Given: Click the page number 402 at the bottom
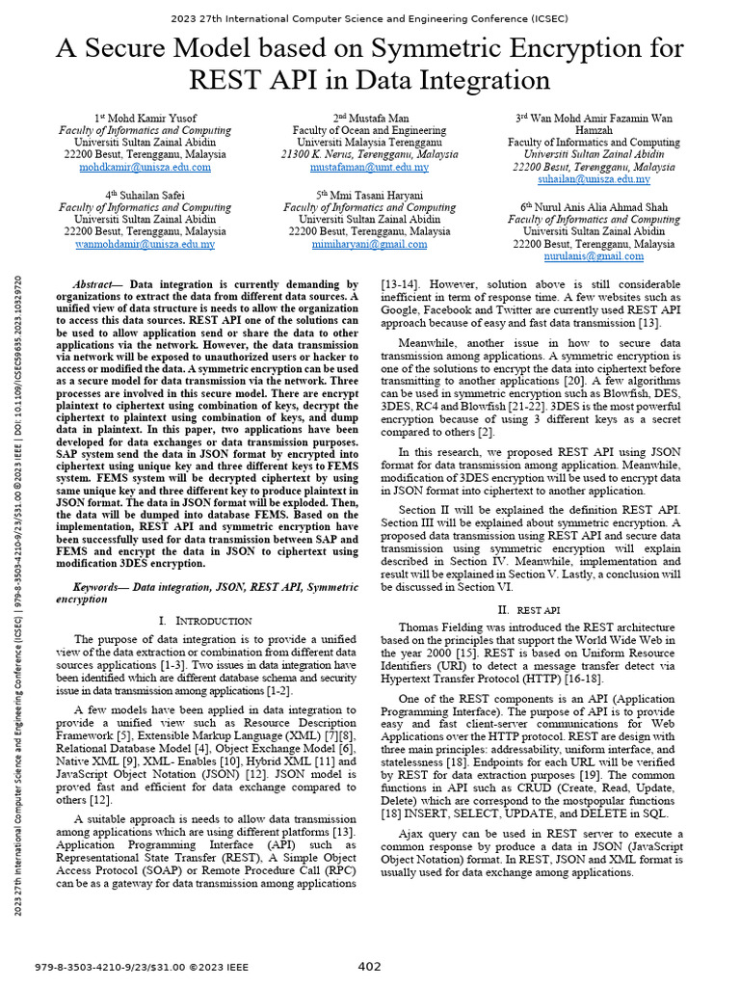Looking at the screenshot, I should pyautogui.click(x=369, y=966).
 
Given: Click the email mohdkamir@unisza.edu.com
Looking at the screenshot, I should pyautogui.click(x=145, y=168).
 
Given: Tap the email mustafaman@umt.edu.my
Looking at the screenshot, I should pyautogui.click(x=369, y=168).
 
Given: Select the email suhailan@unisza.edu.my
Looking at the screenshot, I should pyautogui.click(x=594, y=180).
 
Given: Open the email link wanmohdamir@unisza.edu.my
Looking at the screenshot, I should pyautogui.click(x=145, y=245).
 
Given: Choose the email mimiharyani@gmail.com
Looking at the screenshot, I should pyautogui.click(x=369, y=245).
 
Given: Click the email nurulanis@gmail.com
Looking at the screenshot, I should pyautogui.click(x=594, y=257).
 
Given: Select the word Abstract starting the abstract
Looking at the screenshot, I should pyautogui.click(x=94, y=285).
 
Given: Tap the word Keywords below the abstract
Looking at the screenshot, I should pyautogui.click(x=100, y=586).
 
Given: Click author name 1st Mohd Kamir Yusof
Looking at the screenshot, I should pyautogui.click(x=145, y=118).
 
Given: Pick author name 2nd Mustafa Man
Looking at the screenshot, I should pyautogui.click(x=369, y=118).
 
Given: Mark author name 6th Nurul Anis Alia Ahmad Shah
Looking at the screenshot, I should pyautogui.click(x=594, y=207).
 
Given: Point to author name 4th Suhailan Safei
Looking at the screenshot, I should pyautogui.click(x=145, y=195).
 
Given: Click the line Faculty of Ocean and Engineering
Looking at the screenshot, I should pyautogui.click(x=369, y=130).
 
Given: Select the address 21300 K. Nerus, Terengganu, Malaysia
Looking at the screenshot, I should pyautogui.click(x=369, y=155).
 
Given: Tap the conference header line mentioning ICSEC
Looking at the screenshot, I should pyautogui.click(x=370, y=18).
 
